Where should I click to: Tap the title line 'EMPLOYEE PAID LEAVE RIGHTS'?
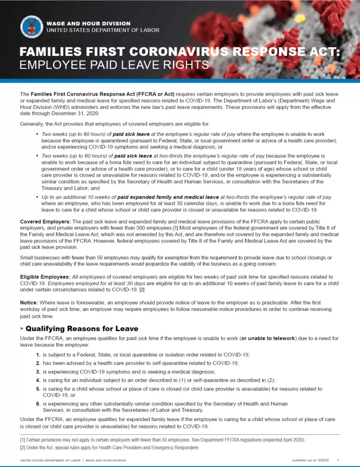point(114,64)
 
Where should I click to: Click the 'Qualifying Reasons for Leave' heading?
point(82,329)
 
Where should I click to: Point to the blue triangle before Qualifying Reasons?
point(21,329)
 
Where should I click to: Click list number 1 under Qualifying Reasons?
point(37,354)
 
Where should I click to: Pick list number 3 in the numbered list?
point(37,371)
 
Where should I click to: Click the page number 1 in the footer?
point(338,460)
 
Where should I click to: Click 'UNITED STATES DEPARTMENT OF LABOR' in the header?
point(103,30)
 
